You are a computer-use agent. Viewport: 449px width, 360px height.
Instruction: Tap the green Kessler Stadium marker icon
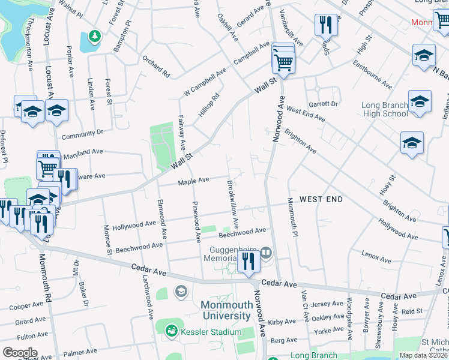click(172, 331)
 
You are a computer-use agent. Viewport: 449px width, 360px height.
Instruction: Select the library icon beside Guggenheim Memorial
click(266, 253)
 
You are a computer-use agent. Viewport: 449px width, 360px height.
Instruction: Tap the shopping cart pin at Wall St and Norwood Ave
click(283, 61)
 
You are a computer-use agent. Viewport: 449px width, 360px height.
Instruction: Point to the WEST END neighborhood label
click(321, 199)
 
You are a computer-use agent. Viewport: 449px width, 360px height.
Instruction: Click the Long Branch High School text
click(385, 109)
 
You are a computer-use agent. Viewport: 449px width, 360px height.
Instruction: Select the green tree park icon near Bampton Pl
click(94, 37)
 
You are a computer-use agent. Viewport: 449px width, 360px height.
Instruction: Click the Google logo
click(20, 353)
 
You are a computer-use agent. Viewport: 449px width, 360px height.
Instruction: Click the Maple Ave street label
click(193, 180)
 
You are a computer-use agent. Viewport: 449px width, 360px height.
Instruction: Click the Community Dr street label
click(82, 133)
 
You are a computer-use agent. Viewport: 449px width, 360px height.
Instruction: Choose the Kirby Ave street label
click(282, 322)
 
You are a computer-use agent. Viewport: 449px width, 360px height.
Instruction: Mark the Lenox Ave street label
click(376, 256)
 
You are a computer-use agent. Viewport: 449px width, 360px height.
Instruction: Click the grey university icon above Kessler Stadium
click(180, 292)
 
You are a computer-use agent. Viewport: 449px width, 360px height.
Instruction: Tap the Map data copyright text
click(423, 355)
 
